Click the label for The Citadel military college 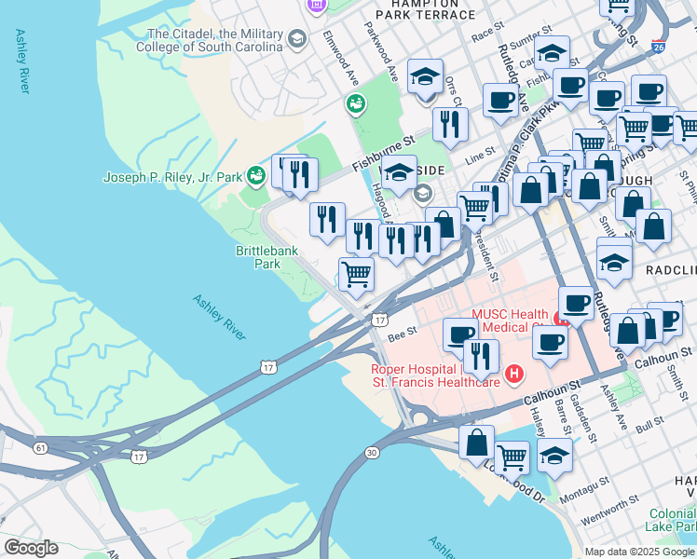tap(209, 39)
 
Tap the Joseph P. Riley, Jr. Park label tap(171, 177)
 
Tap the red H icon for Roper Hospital tap(512, 375)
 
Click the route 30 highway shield tap(371, 453)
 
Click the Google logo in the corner tap(31, 548)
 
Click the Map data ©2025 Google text tap(639, 552)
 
